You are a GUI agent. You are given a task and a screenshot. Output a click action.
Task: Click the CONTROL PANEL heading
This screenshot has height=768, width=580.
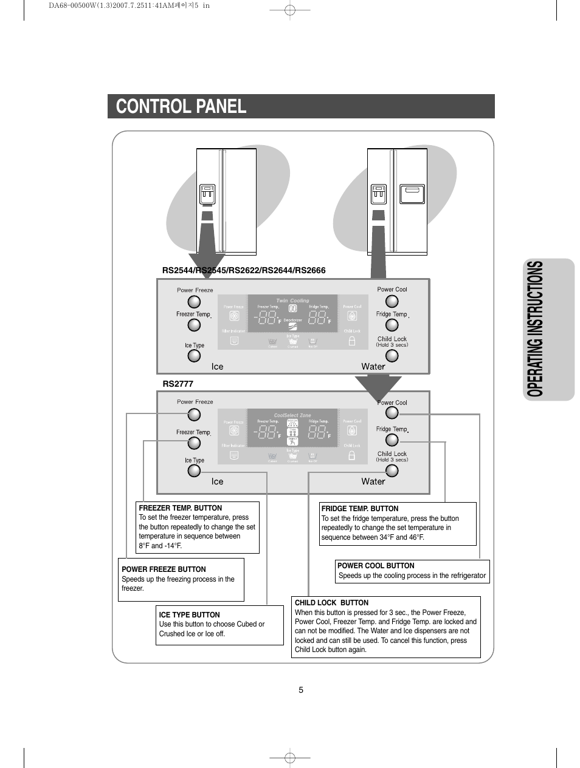coord(181,106)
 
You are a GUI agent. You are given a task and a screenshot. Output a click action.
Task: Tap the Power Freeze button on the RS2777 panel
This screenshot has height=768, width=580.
coord(194,415)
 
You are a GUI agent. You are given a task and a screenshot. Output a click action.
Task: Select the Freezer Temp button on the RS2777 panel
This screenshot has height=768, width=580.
coord(194,443)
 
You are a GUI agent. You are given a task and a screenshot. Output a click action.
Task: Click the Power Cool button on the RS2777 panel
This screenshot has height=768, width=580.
coord(392,413)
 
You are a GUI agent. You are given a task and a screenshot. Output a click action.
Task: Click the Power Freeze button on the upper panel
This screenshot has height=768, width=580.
coord(194,302)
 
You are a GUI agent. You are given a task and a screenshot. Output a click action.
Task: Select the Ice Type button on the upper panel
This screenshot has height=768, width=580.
coord(194,356)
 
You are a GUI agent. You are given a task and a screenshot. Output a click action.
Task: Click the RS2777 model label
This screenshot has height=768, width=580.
coord(178,384)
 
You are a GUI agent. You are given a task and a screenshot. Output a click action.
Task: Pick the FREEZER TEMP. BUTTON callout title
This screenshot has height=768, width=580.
coord(181,508)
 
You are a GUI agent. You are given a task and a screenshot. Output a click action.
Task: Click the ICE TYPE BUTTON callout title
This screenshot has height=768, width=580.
coord(190,614)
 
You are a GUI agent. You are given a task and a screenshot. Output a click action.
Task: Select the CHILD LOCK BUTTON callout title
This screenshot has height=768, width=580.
coord(331,603)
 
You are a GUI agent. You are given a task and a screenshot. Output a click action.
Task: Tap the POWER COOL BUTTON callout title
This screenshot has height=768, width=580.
coord(376,566)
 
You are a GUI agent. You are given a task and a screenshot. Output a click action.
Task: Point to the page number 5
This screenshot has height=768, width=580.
coord(301,690)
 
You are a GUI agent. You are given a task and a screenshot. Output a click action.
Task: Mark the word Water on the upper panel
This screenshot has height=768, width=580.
coord(373,367)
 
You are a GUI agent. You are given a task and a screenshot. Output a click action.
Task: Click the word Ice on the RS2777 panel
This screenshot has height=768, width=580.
coord(217,481)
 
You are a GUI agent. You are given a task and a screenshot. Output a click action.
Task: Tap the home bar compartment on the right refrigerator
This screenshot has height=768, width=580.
coord(412,194)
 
